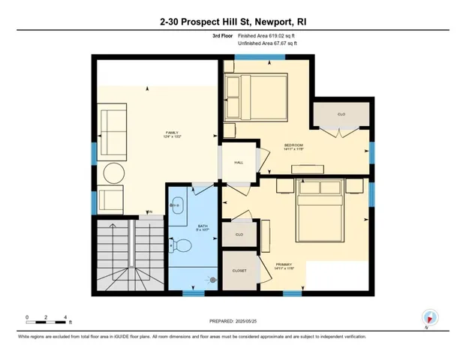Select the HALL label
pos(239,161)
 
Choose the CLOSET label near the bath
pos(239,271)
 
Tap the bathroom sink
pos(176,205)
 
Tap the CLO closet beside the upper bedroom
pos(341,114)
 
